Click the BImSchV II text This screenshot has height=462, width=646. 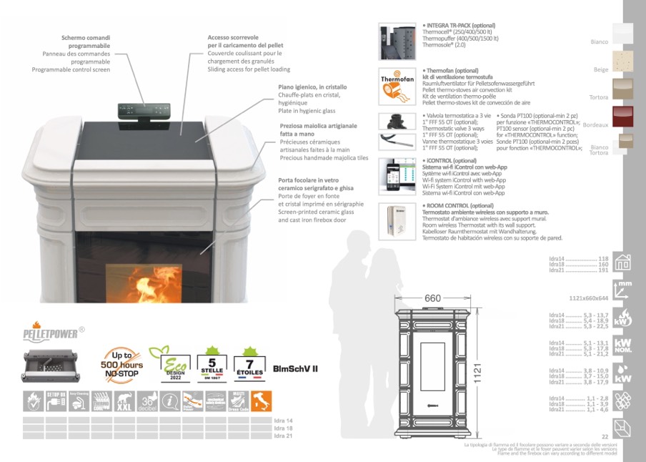pyautogui.click(x=296, y=368)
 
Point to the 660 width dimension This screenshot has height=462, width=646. pyautogui.click(x=433, y=298)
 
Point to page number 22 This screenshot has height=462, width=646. pyautogui.click(x=605, y=436)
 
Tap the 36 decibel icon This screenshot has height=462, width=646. pyautogui.click(x=148, y=401)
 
